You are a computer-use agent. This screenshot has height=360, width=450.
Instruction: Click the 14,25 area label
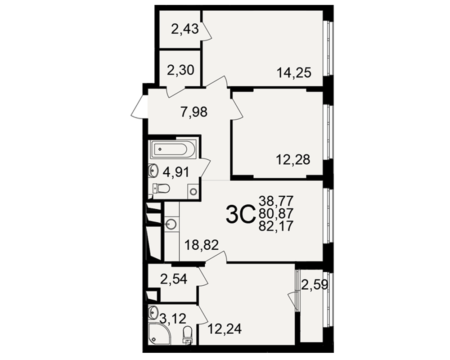point(294,73)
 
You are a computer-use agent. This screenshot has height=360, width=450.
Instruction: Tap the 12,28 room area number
point(293,160)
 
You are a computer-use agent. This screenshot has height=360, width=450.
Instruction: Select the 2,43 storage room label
point(185,29)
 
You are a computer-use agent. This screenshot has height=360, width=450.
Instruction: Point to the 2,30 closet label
point(181,70)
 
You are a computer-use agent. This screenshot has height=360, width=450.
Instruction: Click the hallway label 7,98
point(194,112)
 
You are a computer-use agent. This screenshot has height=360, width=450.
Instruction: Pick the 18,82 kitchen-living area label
point(202,245)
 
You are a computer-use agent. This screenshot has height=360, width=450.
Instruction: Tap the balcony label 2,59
point(314,285)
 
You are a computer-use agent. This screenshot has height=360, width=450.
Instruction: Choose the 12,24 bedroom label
point(225,329)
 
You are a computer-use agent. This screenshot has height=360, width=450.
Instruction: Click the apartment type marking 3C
point(240,214)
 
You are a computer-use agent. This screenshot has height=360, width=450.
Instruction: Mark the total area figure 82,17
point(276,226)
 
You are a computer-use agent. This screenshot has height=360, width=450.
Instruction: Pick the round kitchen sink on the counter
point(171,224)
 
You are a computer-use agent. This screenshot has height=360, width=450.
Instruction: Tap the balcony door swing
point(294,300)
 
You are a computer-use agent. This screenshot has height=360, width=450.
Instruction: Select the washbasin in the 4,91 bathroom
point(153,171)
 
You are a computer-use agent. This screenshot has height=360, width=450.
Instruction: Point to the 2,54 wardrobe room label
point(174,279)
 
